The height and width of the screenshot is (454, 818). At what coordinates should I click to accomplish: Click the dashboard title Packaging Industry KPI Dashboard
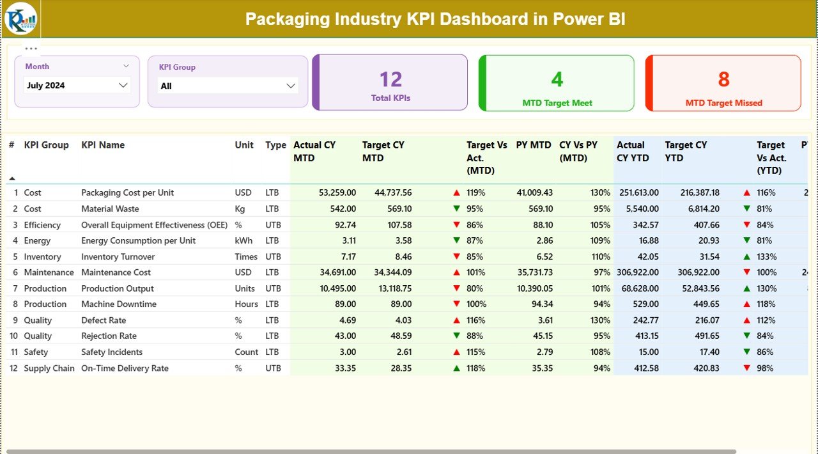click(x=435, y=19)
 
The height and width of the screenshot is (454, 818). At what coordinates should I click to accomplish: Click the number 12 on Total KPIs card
click(x=390, y=79)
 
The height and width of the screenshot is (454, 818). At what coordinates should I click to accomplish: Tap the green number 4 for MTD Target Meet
click(x=557, y=79)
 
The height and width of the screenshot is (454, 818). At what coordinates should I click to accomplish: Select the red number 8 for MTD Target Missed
click(x=723, y=79)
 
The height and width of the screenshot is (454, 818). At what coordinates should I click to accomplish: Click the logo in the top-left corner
click(x=20, y=19)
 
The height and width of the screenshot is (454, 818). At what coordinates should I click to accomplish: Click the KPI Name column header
click(x=103, y=145)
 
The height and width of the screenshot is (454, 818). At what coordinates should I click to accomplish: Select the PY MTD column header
click(x=534, y=145)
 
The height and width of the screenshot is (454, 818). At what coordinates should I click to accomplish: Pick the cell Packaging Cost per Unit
click(x=127, y=192)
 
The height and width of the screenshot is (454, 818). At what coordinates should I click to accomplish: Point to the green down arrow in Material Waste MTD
click(x=456, y=208)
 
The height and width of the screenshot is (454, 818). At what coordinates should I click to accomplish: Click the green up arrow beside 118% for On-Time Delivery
click(x=456, y=368)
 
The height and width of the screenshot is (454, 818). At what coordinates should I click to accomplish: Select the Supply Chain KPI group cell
click(x=49, y=368)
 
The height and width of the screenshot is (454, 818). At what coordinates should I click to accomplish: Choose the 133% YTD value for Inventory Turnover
click(x=766, y=256)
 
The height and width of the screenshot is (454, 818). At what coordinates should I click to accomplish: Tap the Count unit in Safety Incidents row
click(x=246, y=352)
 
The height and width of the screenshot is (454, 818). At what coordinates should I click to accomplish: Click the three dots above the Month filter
click(x=31, y=49)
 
